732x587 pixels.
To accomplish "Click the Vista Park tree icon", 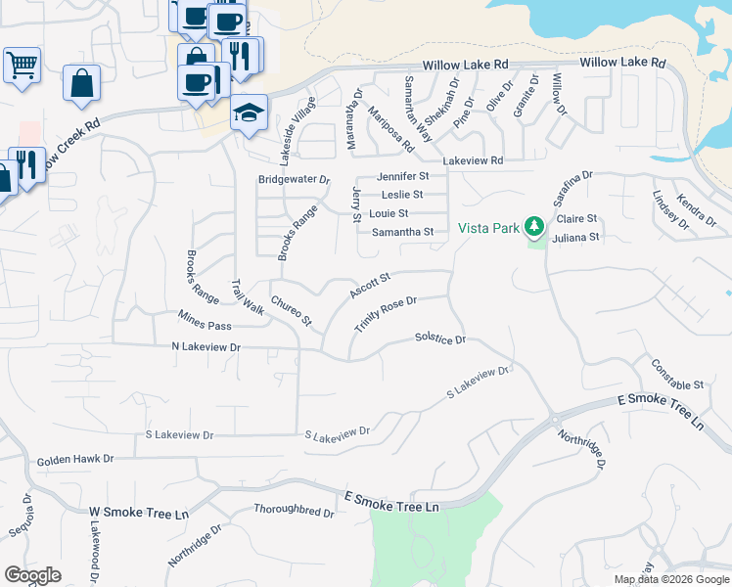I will (534, 228).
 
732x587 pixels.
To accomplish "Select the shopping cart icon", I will (22, 66).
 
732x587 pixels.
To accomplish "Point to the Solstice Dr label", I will (440, 338).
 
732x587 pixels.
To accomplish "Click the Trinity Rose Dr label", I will (387, 315).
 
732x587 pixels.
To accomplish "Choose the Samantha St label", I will (402, 232).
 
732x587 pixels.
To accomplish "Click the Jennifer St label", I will (403, 176).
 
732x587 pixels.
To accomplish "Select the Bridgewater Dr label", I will (295, 180).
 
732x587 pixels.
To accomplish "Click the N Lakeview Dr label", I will (206, 346).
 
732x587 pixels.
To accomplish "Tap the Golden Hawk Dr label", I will (75, 459).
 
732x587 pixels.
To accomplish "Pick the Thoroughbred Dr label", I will (294, 510).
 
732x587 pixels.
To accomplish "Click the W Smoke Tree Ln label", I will (138, 513).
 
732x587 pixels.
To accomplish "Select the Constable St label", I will (677, 373).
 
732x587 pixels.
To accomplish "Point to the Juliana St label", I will (575, 237).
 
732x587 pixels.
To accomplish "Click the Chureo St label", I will (291, 310).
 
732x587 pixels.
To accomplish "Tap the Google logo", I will (33, 575).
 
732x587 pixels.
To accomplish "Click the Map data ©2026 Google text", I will (671, 579).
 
